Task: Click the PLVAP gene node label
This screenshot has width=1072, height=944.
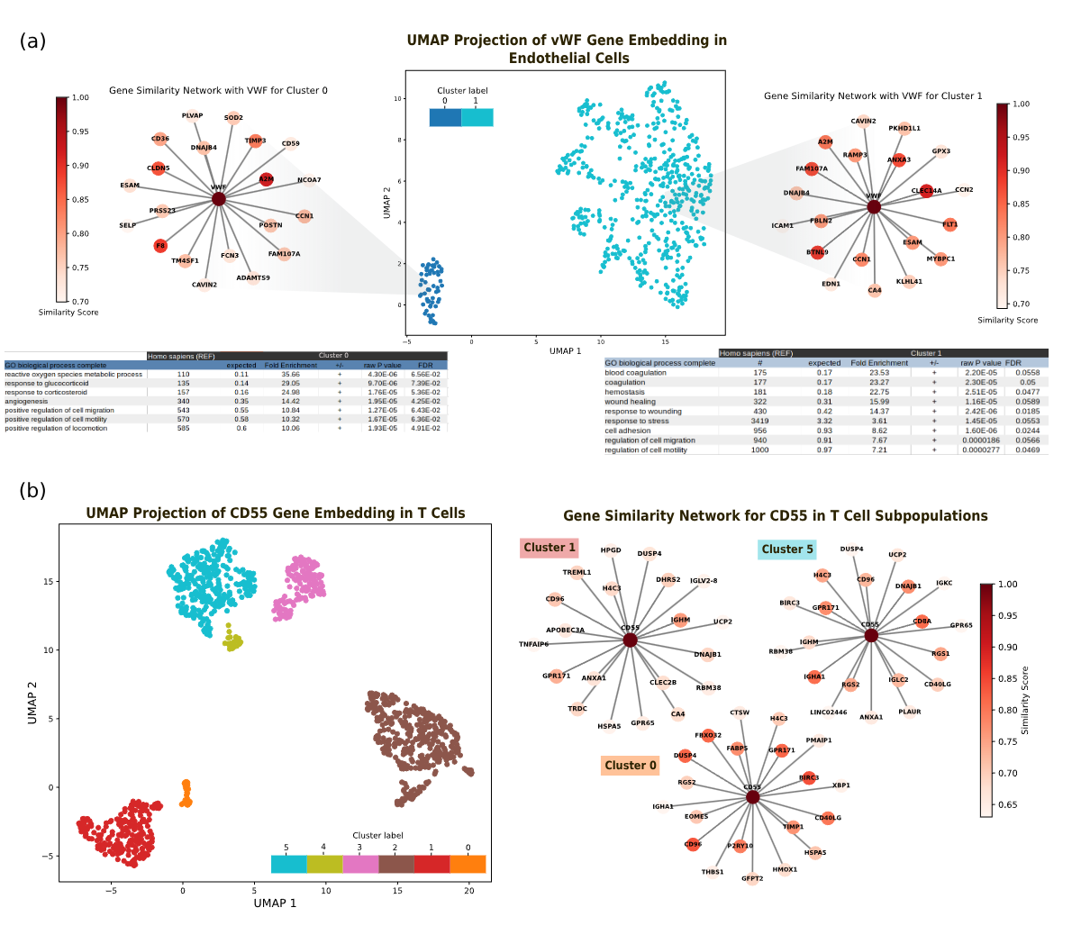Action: click(x=192, y=115)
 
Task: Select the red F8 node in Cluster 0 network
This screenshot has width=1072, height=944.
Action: click(x=160, y=246)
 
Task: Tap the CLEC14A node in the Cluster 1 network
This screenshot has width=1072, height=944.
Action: click(x=926, y=191)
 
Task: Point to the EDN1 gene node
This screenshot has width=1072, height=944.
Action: click(x=831, y=284)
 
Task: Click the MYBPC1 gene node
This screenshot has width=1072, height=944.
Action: click(x=940, y=259)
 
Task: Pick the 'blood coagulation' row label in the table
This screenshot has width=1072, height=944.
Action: click(x=635, y=373)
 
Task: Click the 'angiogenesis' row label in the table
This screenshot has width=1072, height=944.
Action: click(x=26, y=402)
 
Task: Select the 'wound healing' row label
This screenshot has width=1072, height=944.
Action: click(x=630, y=402)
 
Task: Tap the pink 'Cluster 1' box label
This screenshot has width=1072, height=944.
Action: click(x=549, y=548)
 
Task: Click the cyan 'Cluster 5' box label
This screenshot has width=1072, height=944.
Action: click(x=786, y=549)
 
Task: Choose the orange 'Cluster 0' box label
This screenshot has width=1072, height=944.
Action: click(x=631, y=766)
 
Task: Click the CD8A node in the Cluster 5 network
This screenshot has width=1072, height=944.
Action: click(x=922, y=622)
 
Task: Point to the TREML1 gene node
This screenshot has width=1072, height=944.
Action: click(x=577, y=572)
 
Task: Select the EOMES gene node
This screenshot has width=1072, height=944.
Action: click(x=696, y=817)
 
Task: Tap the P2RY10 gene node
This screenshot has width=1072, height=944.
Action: click(x=740, y=847)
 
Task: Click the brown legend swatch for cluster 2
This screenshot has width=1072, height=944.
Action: click(x=395, y=865)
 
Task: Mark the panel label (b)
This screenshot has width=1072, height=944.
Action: click(x=32, y=491)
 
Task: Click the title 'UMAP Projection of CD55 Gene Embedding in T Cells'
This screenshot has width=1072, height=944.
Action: click(x=276, y=513)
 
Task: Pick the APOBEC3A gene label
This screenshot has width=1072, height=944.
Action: click(x=566, y=631)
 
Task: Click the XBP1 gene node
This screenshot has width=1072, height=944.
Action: click(x=840, y=785)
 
